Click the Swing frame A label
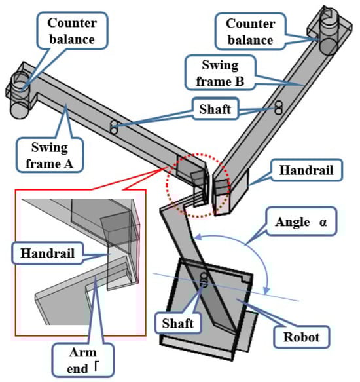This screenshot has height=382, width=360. pyautogui.click(x=50, y=155)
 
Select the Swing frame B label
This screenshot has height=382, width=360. pyautogui.click(x=220, y=73)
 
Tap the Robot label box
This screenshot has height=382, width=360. pyautogui.click(x=301, y=337)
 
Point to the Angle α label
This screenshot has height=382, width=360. pyautogui.click(x=301, y=221)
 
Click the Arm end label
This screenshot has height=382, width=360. pyautogui.click(x=82, y=360)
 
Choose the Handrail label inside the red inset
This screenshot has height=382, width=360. pyautogui.click(x=48, y=253)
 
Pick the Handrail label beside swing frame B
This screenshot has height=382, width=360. pyautogui.click(x=306, y=170)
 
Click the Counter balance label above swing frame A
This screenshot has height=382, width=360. pyautogui.click(x=72, y=31)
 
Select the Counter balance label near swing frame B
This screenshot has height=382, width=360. pyautogui.click(x=250, y=31)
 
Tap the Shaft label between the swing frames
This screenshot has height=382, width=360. pyautogui.click(x=215, y=109)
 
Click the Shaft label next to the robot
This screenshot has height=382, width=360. pyautogui.click(x=178, y=323)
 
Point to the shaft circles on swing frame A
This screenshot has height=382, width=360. pyautogui.click(x=114, y=127)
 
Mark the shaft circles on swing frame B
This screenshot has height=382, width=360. pyautogui.click(x=278, y=107)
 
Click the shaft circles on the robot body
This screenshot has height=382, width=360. pyautogui.click(x=204, y=280)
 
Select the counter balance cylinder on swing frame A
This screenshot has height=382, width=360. pyautogui.click(x=20, y=96)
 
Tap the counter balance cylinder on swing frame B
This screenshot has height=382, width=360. pyautogui.click(x=329, y=31)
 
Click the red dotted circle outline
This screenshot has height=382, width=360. pyautogui.click(x=166, y=185)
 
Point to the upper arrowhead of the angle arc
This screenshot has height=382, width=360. pyautogui.click(x=198, y=237)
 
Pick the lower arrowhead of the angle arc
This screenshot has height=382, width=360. pyautogui.click(x=267, y=290)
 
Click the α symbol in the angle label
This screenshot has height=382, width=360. pyautogui.click(x=323, y=222)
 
